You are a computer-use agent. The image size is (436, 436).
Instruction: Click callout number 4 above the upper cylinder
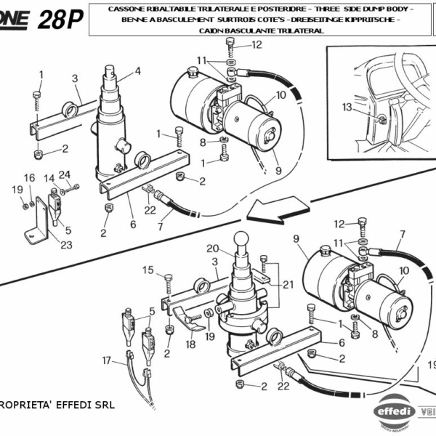tap(137, 71)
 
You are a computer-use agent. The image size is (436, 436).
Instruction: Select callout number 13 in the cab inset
tap(347, 107)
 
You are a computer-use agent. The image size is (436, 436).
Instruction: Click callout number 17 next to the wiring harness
tap(107, 360)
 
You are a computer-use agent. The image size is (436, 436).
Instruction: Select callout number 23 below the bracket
tap(66, 245)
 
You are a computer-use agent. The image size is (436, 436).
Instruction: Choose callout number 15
tap(148, 270)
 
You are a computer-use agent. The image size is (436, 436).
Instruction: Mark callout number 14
tap(48, 178)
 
